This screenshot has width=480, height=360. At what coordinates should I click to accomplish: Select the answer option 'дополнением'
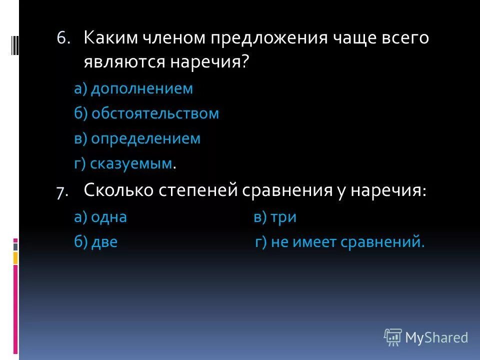141,89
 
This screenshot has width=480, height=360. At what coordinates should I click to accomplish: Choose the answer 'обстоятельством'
155,113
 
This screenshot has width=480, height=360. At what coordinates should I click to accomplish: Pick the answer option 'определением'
145,138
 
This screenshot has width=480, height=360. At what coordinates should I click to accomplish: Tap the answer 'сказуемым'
131,163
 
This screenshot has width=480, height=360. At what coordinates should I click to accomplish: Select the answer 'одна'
108,217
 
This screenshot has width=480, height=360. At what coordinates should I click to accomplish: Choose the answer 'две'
104,243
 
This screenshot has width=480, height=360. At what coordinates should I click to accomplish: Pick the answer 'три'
282,217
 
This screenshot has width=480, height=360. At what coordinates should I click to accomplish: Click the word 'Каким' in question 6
105,38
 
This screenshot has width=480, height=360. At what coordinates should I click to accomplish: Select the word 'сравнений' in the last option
383,243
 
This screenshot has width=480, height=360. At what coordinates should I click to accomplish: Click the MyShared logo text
436,337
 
